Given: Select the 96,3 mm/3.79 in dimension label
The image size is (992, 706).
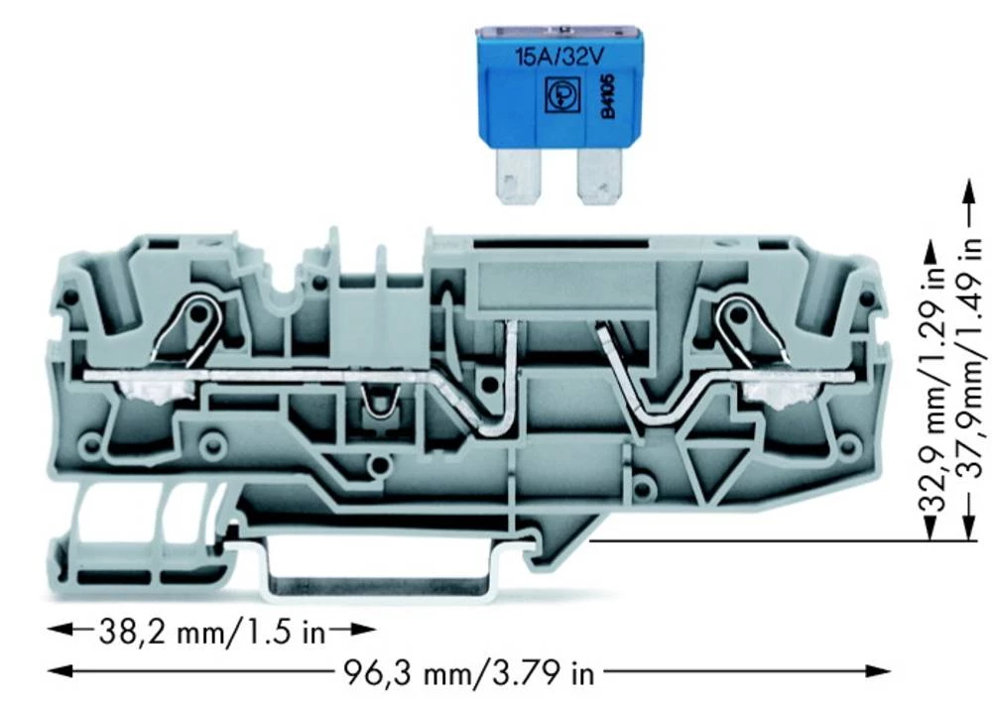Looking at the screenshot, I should [x=468, y=673].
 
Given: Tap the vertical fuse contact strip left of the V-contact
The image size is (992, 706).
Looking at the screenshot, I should [x=509, y=372].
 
